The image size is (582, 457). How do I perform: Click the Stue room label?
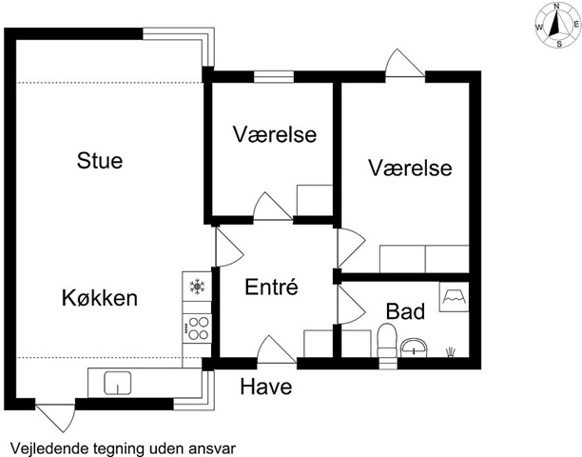click(100, 161)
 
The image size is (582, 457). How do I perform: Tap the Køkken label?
click(100, 298)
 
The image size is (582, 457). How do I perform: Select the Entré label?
click(271, 287)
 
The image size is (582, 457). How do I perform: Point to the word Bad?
click(405, 311)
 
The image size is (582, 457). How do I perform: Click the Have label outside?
click(266, 387)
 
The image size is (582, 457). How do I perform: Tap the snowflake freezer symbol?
click(197, 286)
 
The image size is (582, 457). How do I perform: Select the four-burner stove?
click(197, 328)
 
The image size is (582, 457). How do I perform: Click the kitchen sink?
click(118, 383)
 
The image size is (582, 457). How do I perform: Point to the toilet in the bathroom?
click(387, 340)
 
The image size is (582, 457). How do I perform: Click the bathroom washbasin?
click(414, 348)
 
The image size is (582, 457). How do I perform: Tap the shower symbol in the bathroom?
click(454, 297)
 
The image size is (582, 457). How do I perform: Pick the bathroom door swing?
click(350, 305)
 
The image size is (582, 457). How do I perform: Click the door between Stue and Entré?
click(229, 248)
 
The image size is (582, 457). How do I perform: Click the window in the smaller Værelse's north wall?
click(274, 77)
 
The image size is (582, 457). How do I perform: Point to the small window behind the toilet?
click(387, 364)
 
